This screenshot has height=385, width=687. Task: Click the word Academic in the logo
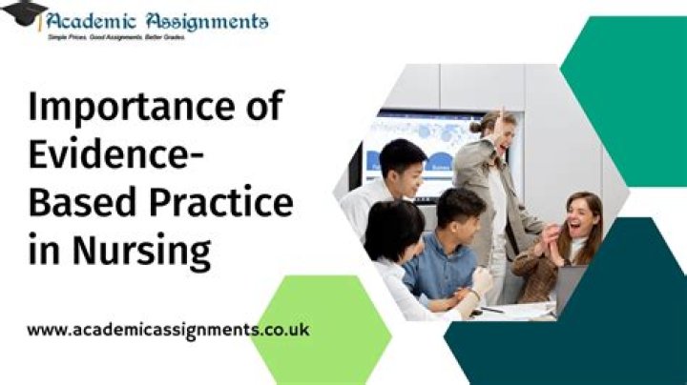coord(92,20)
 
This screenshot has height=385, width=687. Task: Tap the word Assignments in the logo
coord(206,20)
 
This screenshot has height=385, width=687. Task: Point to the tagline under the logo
coord(115,37)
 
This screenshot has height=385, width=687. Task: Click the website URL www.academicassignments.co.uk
coord(168,330)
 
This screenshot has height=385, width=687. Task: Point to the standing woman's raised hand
coord(498,122)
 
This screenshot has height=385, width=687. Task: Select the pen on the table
coord(491,310)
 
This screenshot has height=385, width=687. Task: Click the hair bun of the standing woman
coord(475,127)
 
